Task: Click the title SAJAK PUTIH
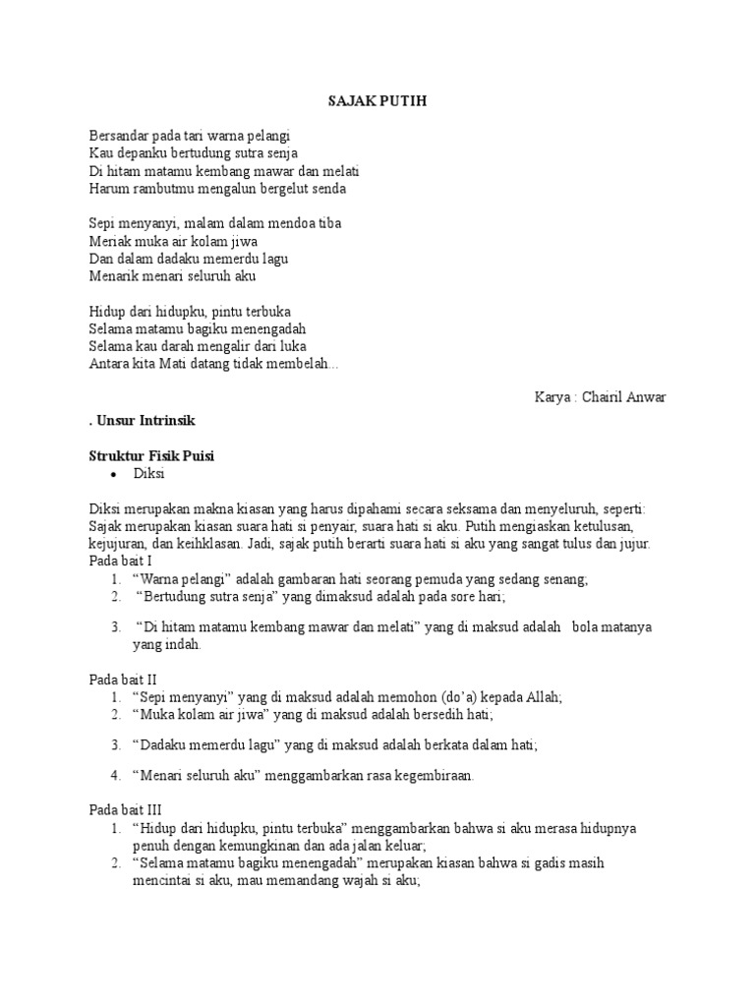[377, 101]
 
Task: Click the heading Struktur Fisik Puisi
[151, 455]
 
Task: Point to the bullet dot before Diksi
[115, 474]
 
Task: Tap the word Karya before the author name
[552, 396]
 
